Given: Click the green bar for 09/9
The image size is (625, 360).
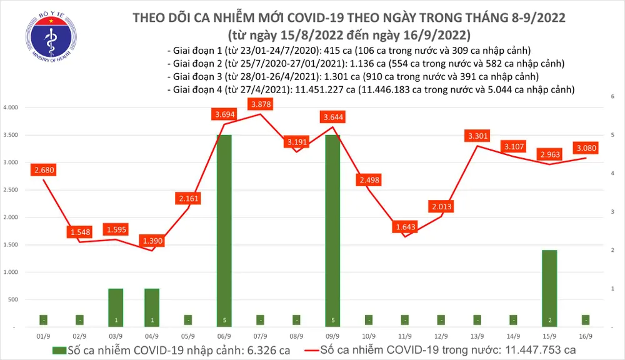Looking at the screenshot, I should click(x=333, y=231).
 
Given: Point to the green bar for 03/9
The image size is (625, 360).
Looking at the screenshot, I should click(x=116, y=307).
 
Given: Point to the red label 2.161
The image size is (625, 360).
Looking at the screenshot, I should click(x=188, y=199).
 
